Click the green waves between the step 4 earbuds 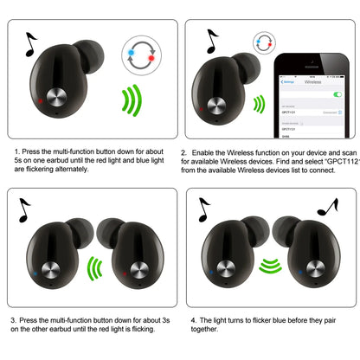[x=272, y=265]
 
